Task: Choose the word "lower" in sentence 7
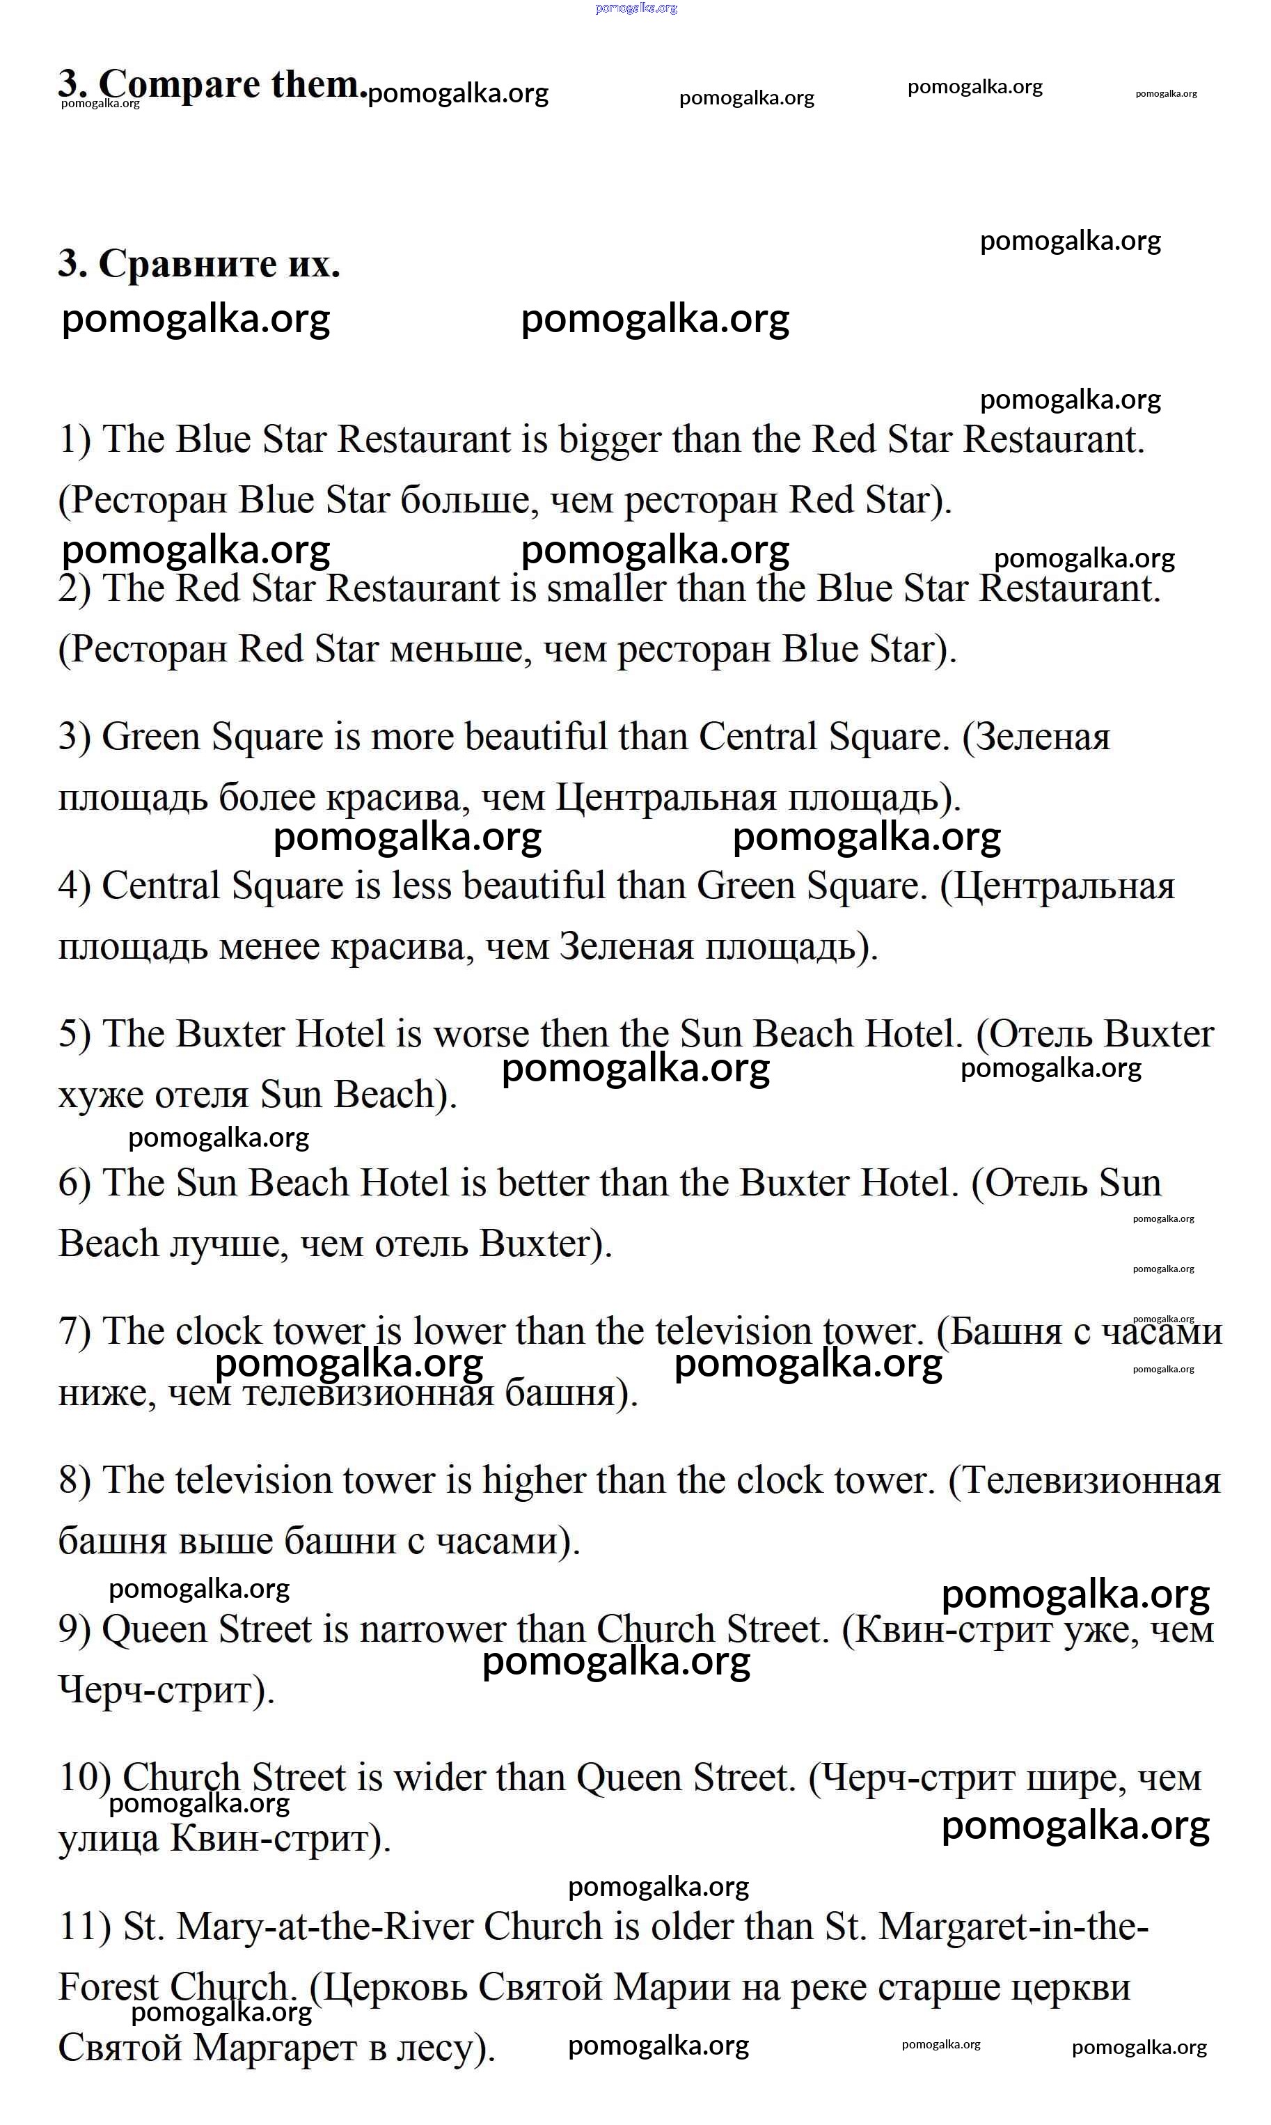pyautogui.click(x=457, y=1332)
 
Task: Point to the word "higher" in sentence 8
pyautogui.click(x=532, y=1481)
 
